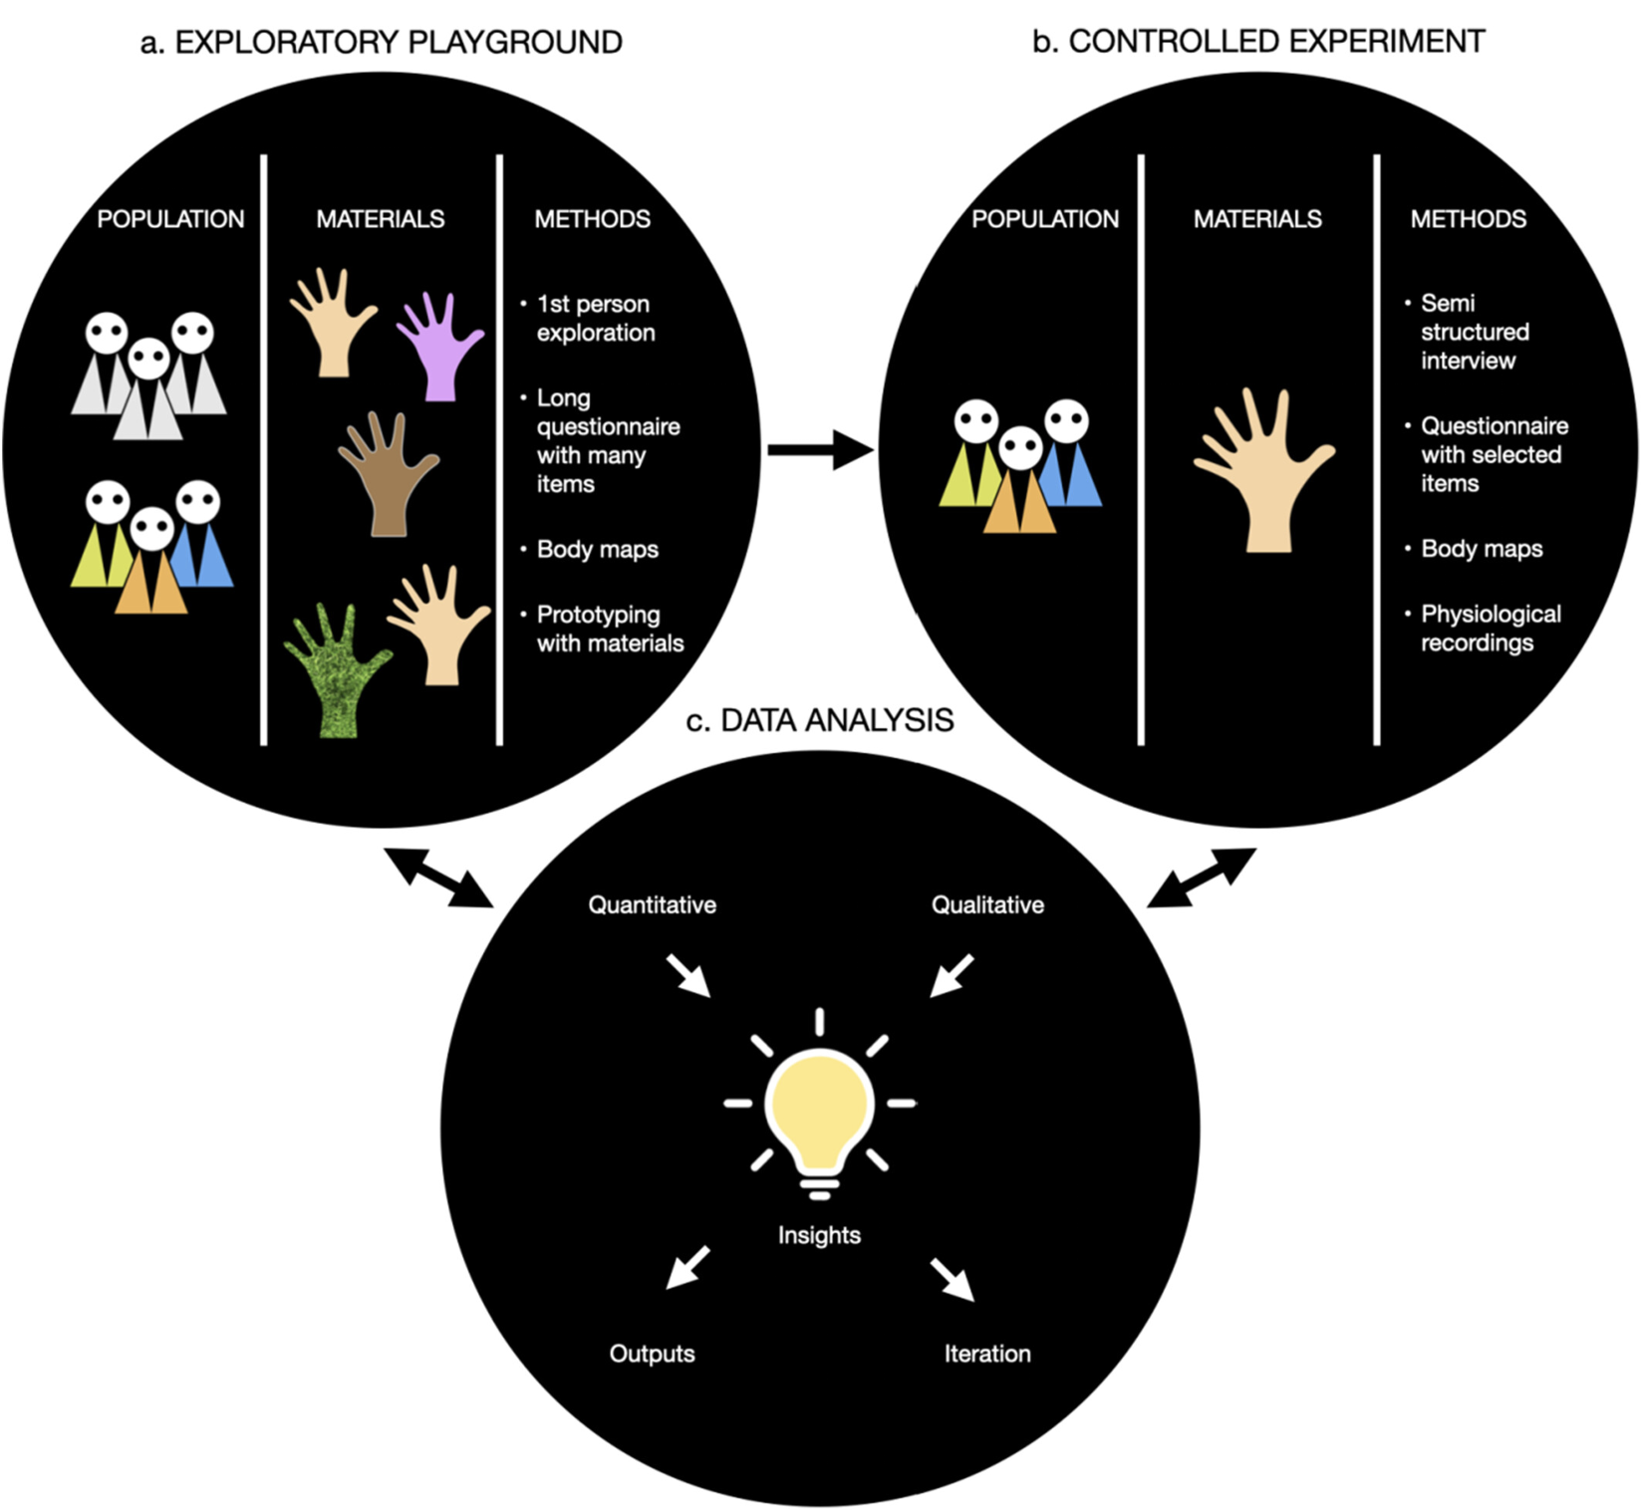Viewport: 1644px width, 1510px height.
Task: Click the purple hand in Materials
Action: point(438,349)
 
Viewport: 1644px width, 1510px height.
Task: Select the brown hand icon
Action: point(387,478)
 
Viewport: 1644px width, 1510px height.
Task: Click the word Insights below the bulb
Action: point(819,1235)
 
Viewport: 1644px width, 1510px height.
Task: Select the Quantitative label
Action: point(652,904)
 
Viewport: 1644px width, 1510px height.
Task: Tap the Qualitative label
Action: point(987,904)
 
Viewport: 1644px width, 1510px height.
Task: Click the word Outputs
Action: point(652,1354)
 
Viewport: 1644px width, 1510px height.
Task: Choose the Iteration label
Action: point(987,1354)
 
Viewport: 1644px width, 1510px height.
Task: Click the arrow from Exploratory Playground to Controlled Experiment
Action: point(819,451)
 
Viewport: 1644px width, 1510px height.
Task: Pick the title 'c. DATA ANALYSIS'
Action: point(819,720)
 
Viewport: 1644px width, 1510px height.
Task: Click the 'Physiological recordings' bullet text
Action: point(1490,628)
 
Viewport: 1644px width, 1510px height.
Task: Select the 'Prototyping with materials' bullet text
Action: point(609,629)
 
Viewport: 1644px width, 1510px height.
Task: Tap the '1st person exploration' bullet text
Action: point(595,318)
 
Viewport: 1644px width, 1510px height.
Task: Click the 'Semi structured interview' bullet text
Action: point(1474,332)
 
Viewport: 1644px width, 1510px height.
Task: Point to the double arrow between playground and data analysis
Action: point(439,878)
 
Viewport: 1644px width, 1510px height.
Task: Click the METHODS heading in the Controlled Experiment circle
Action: point(1468,219)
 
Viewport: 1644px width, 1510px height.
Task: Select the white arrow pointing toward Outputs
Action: point(687,1267)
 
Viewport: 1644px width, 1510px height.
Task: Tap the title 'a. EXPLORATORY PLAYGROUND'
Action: point(382,42)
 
